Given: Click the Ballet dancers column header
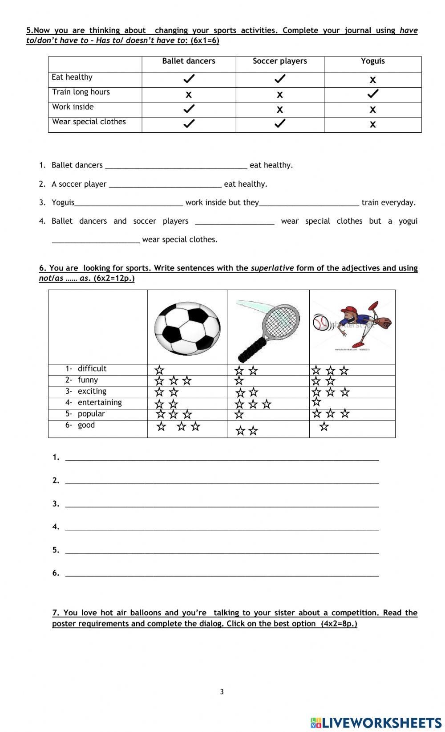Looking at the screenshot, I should (x=188, y=61).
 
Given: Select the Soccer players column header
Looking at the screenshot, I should (x=279, y=61).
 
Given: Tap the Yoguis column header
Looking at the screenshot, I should (x=372, y=61).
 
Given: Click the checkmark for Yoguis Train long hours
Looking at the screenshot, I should (x=372, y=94).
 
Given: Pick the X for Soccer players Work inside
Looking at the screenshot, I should (x=279, y=110).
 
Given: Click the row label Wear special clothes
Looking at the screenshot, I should (x=89, y=122).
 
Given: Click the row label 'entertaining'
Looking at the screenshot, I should (x=99, y=403).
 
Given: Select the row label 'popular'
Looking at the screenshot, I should (x=91, y=414).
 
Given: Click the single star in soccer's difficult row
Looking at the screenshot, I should (x=159, y=370).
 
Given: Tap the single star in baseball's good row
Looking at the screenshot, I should (x=324, y=427).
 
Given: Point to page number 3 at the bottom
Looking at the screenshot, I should (x=222, y=692).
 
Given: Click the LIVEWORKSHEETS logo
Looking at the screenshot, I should (x=376, y=723).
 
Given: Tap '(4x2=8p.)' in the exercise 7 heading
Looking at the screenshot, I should (x=339, y=624).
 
